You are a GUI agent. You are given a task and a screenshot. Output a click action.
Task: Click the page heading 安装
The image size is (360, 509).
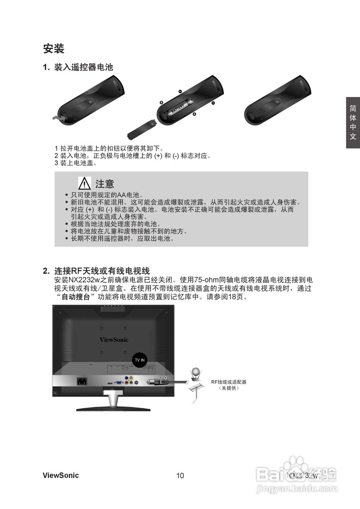coord(54,49)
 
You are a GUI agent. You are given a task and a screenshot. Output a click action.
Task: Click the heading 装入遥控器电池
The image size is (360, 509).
coord(84,68)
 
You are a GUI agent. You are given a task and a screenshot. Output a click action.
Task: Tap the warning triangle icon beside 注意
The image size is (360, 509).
coord(85,183)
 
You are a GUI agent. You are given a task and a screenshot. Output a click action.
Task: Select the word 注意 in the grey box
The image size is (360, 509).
coord(105,184)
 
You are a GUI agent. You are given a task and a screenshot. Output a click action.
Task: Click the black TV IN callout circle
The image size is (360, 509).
coord(140,359)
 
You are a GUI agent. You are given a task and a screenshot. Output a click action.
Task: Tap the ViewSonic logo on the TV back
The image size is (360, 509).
coord(114,340)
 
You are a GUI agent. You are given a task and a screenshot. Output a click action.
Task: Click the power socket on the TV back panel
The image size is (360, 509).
coord(82,381)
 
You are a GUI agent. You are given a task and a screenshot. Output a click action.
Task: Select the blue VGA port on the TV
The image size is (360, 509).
coord(119,383)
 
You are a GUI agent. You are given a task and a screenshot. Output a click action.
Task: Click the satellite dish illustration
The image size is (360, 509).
coord(196,373)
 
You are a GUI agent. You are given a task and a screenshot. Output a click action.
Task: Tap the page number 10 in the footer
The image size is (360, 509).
coord(180,476)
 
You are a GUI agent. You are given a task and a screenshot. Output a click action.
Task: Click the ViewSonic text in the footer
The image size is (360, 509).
coord(61,476)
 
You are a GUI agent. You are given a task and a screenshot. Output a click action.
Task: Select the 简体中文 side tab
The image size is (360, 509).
coord(353,122)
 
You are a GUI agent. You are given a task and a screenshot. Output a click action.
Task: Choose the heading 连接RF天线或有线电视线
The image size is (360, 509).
coord(102,271)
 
